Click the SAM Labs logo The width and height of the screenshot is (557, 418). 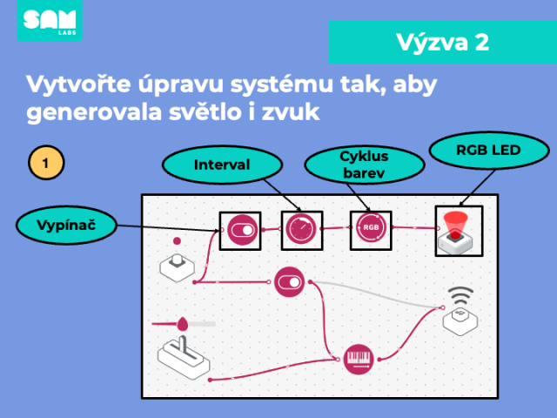50,20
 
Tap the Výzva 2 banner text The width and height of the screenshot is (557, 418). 443,43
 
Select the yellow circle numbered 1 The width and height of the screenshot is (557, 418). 46,163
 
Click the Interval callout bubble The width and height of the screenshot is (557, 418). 223,165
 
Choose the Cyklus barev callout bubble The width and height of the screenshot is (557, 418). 365,165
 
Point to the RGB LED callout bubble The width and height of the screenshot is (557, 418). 489,151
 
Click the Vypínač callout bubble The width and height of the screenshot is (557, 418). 66,225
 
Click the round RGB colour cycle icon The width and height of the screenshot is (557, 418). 371,227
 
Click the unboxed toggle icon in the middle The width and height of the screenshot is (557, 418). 290,282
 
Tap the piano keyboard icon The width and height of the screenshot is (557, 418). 359,359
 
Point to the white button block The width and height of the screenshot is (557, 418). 177,267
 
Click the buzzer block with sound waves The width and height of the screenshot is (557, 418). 460,312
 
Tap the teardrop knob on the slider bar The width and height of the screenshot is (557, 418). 183,324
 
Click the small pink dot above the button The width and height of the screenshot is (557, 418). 177,241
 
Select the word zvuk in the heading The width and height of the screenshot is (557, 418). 291,112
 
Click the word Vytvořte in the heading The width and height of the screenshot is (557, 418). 78,84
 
